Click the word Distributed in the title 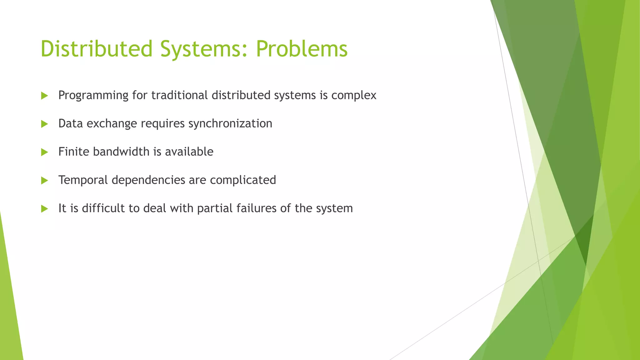96,49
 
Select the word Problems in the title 302,49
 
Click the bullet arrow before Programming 44,96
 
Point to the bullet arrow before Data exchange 44,124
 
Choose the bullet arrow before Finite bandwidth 44,152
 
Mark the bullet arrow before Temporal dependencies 44,180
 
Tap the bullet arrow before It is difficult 44,209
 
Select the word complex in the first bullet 354,95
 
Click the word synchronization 230,124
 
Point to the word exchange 112,124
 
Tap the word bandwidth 121,152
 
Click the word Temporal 83,180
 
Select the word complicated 243,180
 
